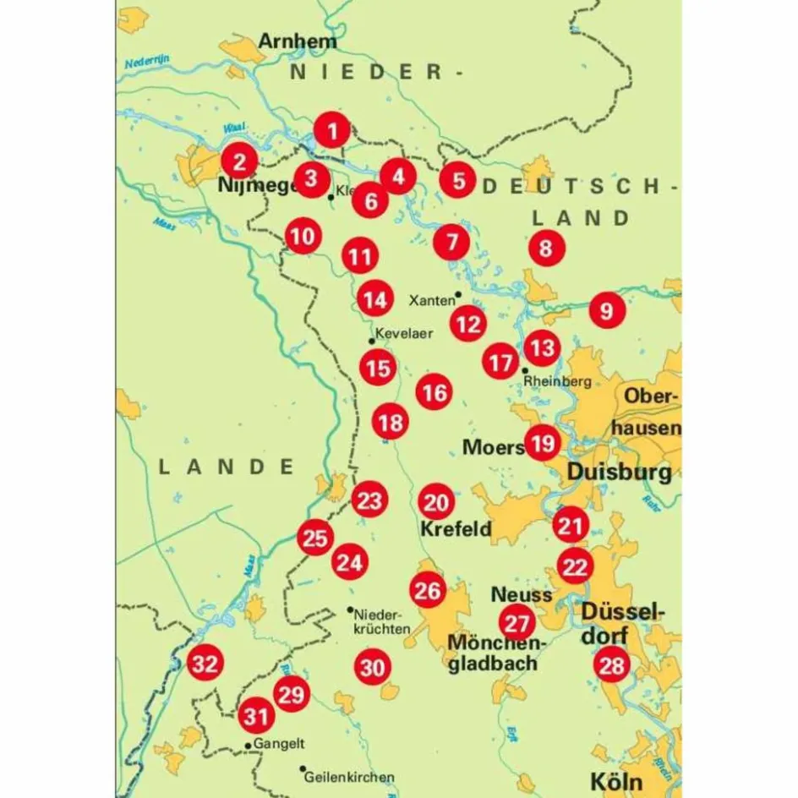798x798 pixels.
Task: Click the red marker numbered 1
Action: [333, 131]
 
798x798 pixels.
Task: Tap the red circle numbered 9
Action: [606, 310]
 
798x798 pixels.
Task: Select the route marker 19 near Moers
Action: [542, 442]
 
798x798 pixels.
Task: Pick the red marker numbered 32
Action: [204, 664]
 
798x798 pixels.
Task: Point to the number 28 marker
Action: [611, 665]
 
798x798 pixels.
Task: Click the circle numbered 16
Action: [434, 392]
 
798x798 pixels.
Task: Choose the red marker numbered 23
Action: [369, 500]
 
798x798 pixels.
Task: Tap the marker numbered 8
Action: [545, 249]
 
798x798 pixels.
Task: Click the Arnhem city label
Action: [297, 41]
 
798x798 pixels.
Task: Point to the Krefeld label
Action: [456, 530]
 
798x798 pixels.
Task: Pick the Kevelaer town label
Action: [403, 333]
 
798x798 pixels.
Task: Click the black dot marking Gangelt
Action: [247, 746]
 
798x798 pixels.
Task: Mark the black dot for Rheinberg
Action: [526, 369]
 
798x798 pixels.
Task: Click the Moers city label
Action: [492, 446]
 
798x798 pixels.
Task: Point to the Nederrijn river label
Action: [147, 62]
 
